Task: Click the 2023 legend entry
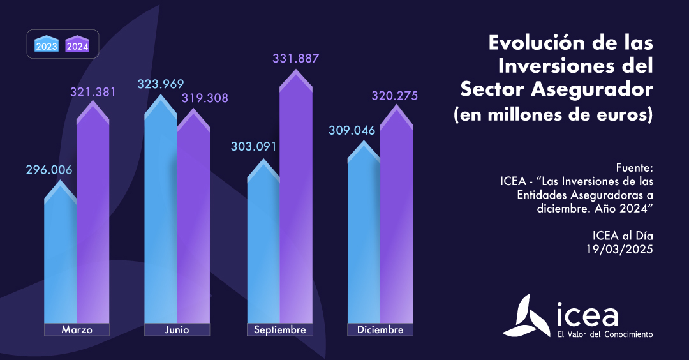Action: pos(47,45)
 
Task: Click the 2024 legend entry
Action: pos(77,45)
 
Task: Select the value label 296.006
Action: pos(49,170)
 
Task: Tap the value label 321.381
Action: pos(93,92)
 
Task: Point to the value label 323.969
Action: pos(161,84)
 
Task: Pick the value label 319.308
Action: pos(205,98)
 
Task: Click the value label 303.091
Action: pos(254,146)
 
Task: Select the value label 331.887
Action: pos(295,58)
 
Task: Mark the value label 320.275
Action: pos(395,96)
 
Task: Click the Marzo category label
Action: pos(77,330)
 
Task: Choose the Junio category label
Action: pos(177,330)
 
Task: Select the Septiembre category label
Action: pos(279,330)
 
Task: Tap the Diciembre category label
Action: pos(380,330)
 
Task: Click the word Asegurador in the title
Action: pos(602,89)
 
